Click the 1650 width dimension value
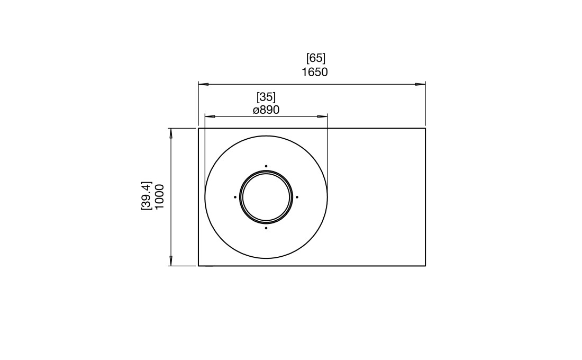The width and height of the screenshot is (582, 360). [x=315, y=72]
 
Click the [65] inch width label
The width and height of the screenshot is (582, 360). [x=316, y=58]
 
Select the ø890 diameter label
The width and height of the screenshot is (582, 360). [x=266, y=110]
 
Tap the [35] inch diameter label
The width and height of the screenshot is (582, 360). [x=266, y=97]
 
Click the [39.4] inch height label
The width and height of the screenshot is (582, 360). [x=146, y=196]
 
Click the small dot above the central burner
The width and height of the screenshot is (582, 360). [x=266, y=166]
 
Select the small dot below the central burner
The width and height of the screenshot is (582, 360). [x=266, y=228]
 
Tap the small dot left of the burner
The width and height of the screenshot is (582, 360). [x=235, y=197]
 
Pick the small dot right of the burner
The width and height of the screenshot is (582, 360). [x=297, y=197]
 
